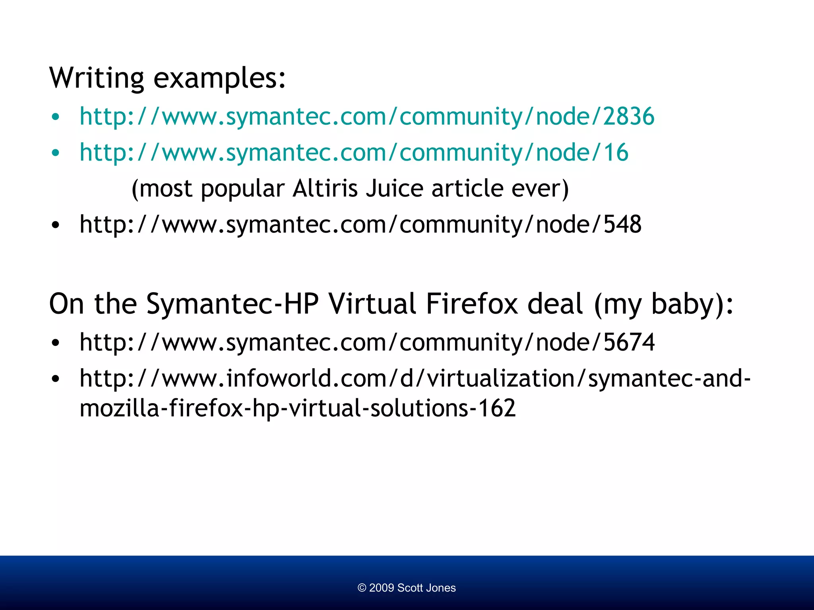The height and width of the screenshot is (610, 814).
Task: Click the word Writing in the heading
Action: click(97, 78)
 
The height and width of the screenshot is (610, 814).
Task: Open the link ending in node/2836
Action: click(366, 116)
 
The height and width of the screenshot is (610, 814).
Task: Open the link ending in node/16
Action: click(354, 152)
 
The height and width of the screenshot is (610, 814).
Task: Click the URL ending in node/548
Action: click(360, 224)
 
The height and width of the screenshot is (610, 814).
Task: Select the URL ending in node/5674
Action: click(366, 342)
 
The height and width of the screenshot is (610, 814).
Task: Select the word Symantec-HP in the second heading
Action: click(233, 304)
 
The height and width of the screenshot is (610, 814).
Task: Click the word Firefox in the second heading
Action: click(472, 304)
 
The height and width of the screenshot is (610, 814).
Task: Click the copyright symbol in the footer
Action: click(362, 588)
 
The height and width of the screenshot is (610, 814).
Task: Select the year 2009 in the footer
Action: click(381, 588)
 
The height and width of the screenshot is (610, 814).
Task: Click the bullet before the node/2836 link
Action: click(55, 117)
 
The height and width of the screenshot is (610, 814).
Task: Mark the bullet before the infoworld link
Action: click(55, 379)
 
